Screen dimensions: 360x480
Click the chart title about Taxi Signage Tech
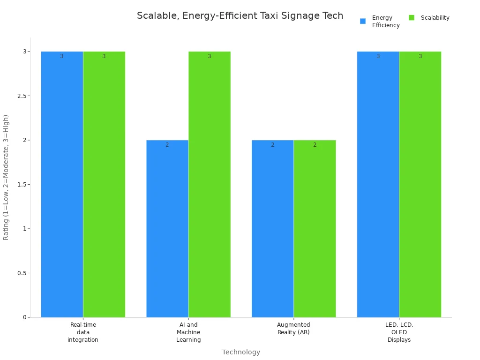(240, 16)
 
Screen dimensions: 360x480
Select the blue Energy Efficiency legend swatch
(363, 21)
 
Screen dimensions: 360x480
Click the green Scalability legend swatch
(412, 18)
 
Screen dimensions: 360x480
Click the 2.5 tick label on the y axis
(21, 96)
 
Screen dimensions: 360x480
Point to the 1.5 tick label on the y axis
(21, 184)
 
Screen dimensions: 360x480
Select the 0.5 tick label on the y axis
(21, 273)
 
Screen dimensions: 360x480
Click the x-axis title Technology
(241, 352)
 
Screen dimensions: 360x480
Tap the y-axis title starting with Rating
(6, 177)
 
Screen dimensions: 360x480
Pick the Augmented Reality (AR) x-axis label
(293, 329)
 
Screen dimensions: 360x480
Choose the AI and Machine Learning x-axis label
(188, 332)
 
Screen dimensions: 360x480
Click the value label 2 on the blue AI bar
(167, 145)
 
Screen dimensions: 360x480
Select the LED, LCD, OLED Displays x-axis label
(399, 332)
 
